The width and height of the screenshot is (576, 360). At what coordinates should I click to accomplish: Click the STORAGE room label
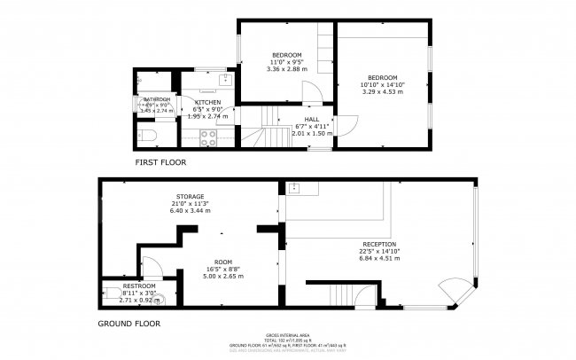(x=190, y=196)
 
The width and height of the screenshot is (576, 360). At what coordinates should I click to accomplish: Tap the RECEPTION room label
(x=378, y=244)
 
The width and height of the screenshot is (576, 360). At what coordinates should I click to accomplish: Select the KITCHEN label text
(x=207, y=102)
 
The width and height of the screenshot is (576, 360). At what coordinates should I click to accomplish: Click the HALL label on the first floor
(x=312, y=119)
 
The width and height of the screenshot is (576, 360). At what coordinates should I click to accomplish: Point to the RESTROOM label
(x=139, y=286)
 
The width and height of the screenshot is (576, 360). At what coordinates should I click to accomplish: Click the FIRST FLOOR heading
(x=160, y=162)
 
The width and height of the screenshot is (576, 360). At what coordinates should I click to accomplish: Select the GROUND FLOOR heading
(x=129, y=324)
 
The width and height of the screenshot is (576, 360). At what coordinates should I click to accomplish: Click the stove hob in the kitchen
(x=209, y=137)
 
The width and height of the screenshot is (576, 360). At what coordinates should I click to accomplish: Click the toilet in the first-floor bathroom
(x=149, y=135)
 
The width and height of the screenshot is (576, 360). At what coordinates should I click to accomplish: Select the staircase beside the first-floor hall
(x=254, y=133)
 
